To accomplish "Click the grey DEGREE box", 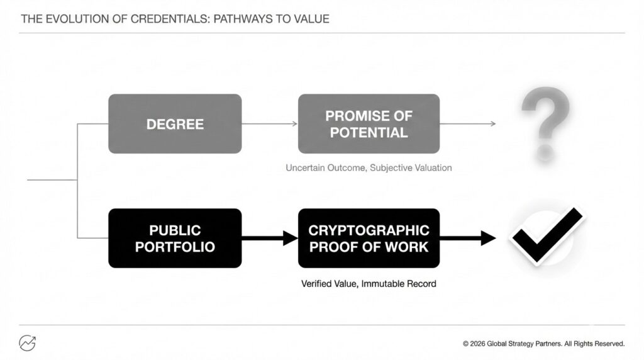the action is point(175,124).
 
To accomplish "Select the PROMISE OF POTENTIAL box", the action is point(369,124).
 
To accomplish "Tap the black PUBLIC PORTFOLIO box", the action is point(175,239).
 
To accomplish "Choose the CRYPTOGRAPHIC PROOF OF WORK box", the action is point(369,239).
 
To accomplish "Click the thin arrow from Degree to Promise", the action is point(269,124).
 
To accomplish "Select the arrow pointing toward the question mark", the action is point(468,124).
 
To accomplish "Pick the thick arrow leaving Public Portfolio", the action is point(270,239).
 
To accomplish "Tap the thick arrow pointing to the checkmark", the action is point(468,239).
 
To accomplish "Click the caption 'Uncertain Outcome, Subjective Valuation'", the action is point(369,167).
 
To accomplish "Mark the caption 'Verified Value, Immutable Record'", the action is point(369,284).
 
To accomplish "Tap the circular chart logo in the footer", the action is point(28,343).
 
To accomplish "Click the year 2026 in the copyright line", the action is point(477,344).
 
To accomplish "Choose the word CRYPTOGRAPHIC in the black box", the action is point(369,230).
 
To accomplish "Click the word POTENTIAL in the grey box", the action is point(369,132).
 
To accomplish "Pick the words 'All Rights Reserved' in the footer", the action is point(594,344).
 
